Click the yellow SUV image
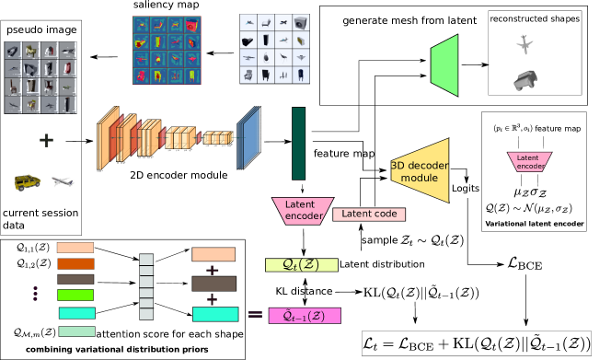click(x=28, y=182)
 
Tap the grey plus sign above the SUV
click(x=46, y=141)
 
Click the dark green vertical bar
click(x=298, y=143)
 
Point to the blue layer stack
click(x=248, y=138)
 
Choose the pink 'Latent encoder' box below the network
click(x=303, y=211)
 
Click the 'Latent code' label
click(x=369, y=215)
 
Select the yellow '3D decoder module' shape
click(x=422, y=171)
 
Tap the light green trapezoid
click(x=445, y=65)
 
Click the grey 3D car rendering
click(x=527, y=79)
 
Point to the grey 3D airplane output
click(x=525, y=44)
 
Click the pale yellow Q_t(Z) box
click(x=301, y=265)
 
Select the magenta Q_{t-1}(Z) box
click(x=304, y=316)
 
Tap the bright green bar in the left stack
click(x=75, y=296)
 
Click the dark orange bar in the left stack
click(x=75, y=263)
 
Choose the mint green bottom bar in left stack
click(x=76, y=331)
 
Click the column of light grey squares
click(x=146, y=287)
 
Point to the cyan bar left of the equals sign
click(x=215, y=314)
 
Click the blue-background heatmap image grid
click(x=167, y=50)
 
